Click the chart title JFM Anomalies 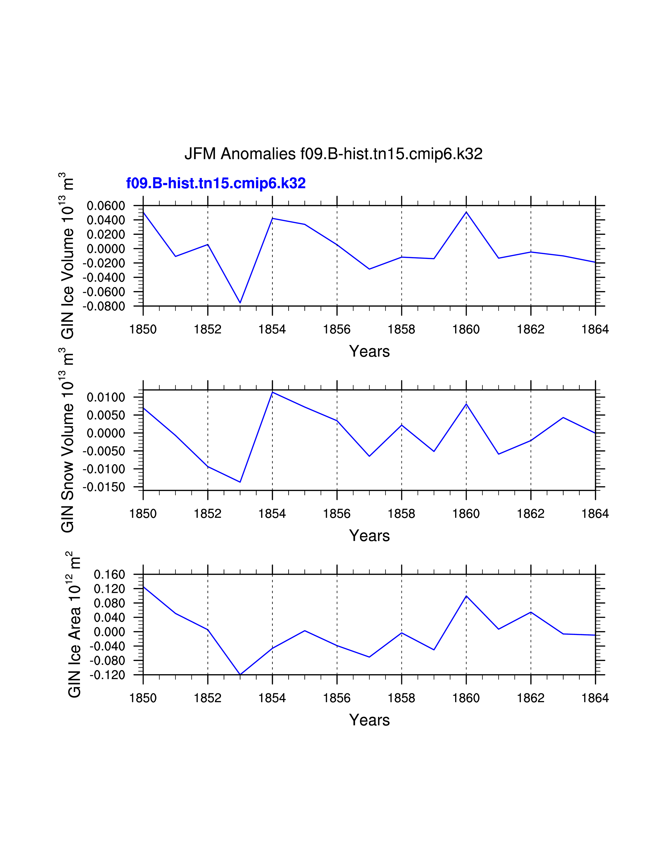point(333,154)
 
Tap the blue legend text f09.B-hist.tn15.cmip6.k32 point(216,183)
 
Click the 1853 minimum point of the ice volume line point(240,303)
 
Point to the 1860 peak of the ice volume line point(466,212)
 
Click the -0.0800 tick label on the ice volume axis point(104,306)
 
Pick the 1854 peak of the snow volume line point(272,392)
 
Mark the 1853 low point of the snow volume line point(240,482)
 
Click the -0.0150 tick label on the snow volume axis point(104,487)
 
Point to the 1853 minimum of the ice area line point(240,674)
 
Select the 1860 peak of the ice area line point(466,596)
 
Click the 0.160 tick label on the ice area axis point(109,575)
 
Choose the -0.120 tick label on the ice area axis point(107,675)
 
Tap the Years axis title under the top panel point(369,351)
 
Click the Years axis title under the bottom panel point(369,720)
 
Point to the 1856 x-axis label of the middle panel point(337,514)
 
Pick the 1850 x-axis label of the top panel point(143,330)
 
